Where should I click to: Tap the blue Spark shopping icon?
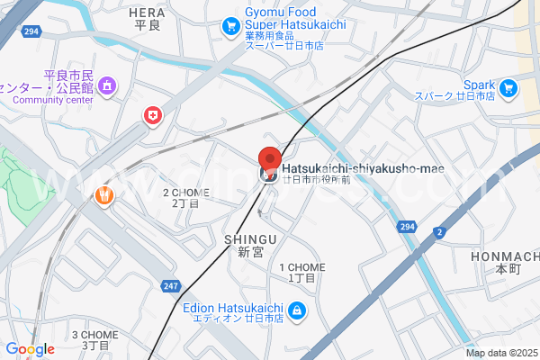(509, 88)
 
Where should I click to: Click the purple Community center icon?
(108, 86)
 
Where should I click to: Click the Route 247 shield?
(171, 286)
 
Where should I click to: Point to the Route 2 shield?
(439, 232)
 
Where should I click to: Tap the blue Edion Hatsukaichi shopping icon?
(296, 312)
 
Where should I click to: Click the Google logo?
(30, 349)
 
